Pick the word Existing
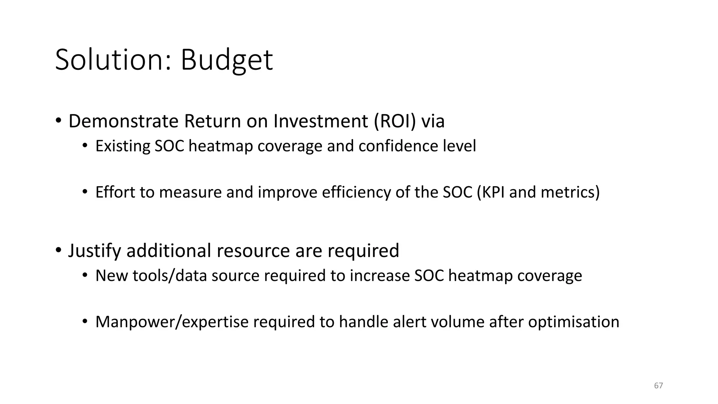122,146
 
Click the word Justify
95,250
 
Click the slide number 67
658,386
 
